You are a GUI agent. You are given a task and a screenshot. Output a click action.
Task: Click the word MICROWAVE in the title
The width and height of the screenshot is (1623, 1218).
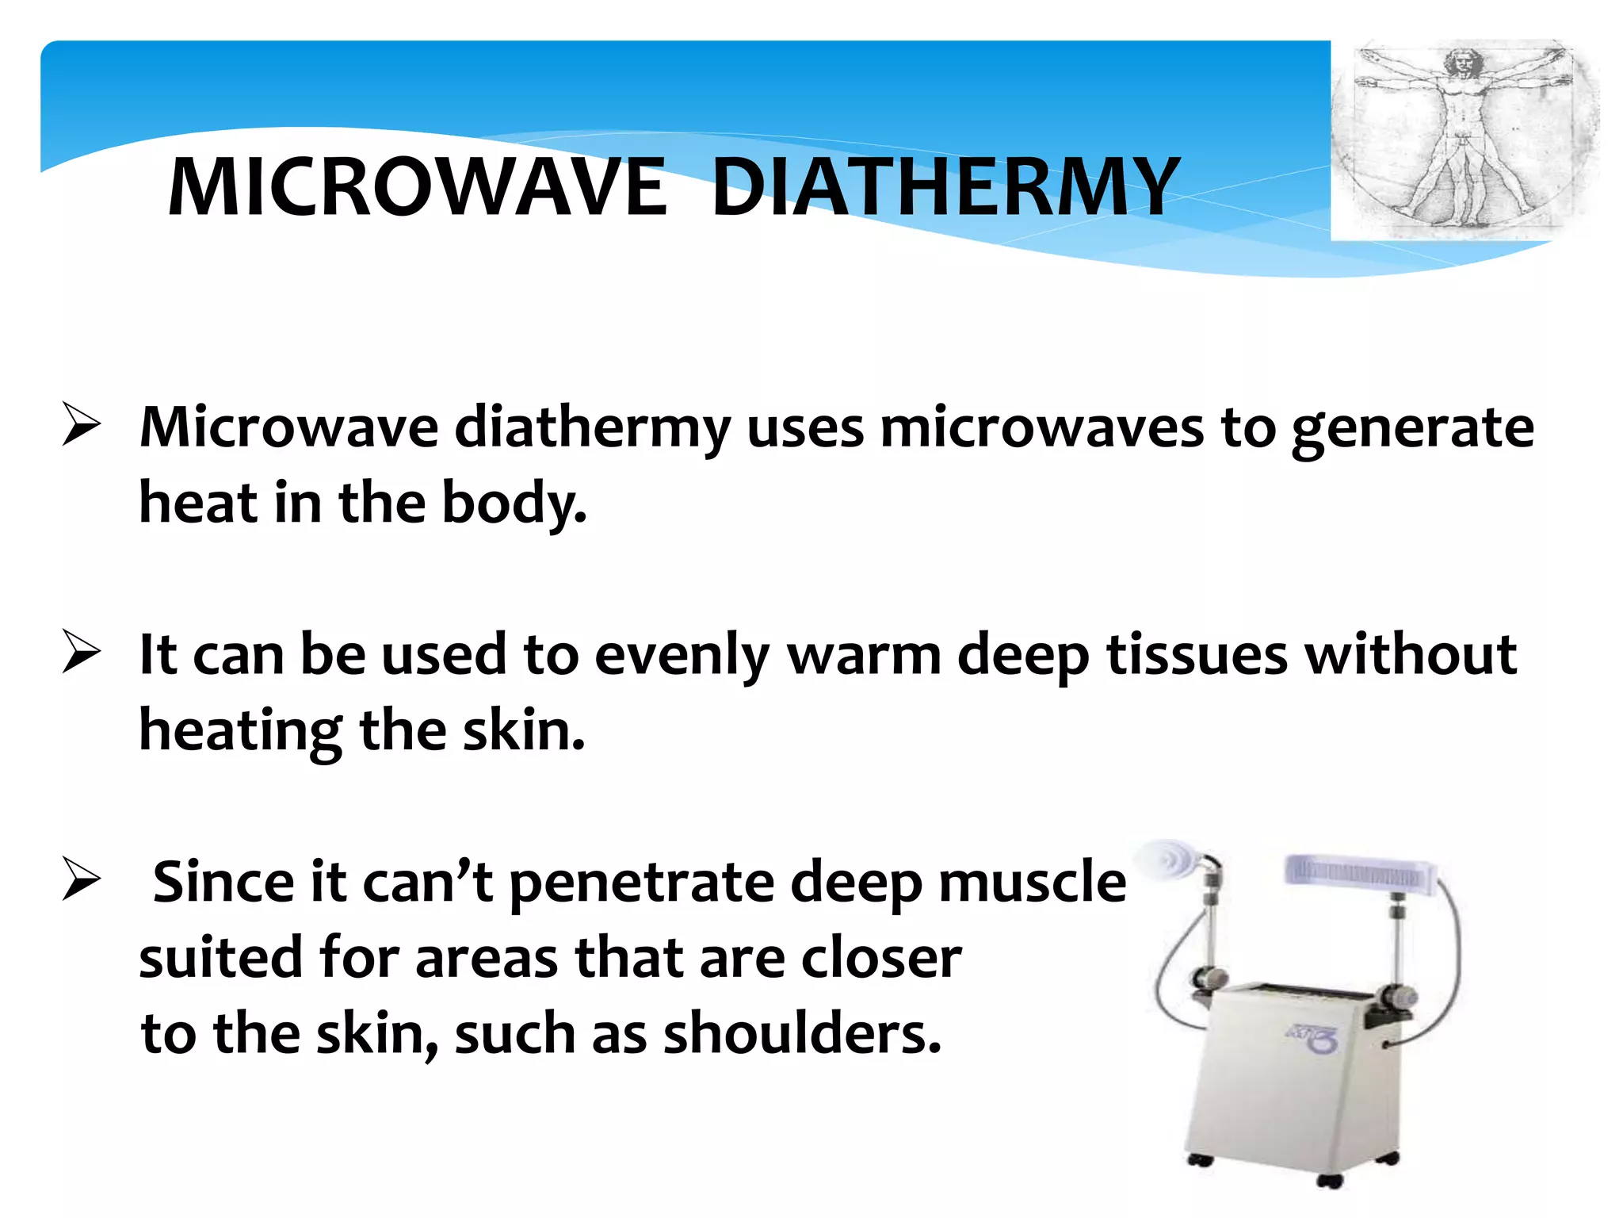click(418, 187)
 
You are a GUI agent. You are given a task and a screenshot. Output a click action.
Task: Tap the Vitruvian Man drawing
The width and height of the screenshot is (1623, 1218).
click(1465, 140)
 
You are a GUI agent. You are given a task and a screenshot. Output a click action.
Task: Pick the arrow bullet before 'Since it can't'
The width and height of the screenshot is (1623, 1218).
click(82, 879)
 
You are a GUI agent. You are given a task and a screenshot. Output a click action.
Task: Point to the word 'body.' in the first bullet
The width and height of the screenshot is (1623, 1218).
click(514, 504)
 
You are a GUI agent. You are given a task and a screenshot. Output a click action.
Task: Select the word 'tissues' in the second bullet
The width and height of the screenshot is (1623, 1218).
click(1197, 655)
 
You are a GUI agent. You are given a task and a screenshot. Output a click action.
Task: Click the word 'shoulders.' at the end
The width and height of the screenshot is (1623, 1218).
click(802, 1034)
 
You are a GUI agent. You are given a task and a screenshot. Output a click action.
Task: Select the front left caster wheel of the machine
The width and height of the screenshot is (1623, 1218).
click(1200, 1159)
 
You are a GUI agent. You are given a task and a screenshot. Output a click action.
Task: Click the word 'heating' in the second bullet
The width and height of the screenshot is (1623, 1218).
click(240, 731)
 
